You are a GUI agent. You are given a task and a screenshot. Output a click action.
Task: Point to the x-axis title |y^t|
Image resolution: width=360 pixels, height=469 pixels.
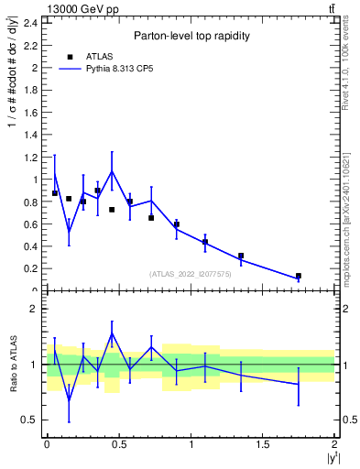pyautogui.click(x=330, y=458)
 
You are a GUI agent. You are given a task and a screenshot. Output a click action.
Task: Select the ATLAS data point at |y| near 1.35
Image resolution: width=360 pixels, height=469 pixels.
pyautogui.click(x=241, y=256)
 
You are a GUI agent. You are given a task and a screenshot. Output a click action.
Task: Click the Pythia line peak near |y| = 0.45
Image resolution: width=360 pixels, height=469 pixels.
pyautogui.click(x=112, y=171)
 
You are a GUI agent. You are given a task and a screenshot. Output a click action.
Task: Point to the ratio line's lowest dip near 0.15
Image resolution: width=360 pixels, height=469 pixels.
pyautogui.click(x=69, y=399)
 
